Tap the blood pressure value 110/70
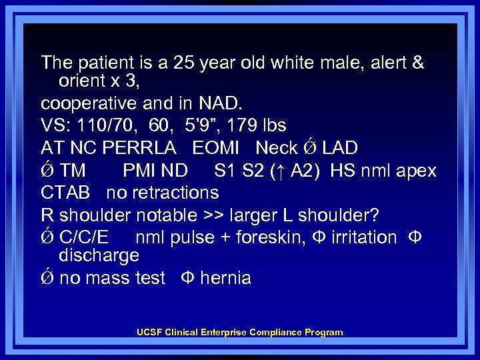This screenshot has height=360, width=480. [x=99, y=126]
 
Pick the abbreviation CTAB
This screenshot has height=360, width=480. [x=65, y=193]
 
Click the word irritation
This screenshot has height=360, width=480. [x=359, y=237]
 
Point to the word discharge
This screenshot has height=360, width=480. [x=99, y=255]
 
